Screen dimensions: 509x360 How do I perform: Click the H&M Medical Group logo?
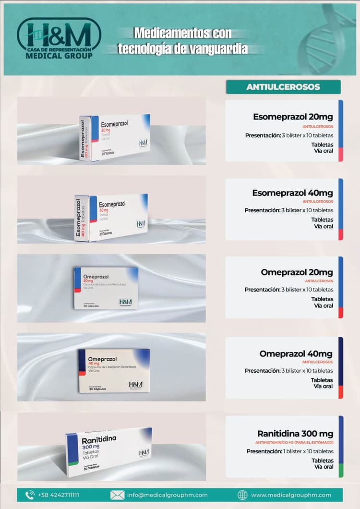pos(59,39)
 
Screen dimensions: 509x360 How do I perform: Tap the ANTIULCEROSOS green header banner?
pos(283,87)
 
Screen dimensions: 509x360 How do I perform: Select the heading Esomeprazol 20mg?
pos(293,117)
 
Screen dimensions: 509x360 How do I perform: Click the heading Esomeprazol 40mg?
pos(292,193)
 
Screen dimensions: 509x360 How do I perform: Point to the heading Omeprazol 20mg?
pos(297,272)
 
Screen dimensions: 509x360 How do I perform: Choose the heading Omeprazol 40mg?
pos(296,354)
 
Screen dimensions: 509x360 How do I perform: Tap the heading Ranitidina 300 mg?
pos(295,434)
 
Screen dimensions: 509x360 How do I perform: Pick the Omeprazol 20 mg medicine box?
pos(106,288)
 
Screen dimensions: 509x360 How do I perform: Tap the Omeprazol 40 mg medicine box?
pos(114,370)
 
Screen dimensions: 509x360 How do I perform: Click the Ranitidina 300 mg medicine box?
pos(109,451)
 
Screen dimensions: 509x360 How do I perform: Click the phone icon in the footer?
pos(30,495)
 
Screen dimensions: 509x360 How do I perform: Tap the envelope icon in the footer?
pos(117,495)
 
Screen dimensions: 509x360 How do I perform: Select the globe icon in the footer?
pos(243,495)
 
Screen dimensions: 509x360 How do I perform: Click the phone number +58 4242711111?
pos(58,495)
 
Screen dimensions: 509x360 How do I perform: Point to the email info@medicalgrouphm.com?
pos(167,495)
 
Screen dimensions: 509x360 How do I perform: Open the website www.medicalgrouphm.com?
pos(291,495)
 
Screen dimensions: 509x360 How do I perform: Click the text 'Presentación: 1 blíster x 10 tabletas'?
pos(290,451)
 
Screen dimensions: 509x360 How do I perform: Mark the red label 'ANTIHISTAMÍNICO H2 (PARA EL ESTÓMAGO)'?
pos(294,442)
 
